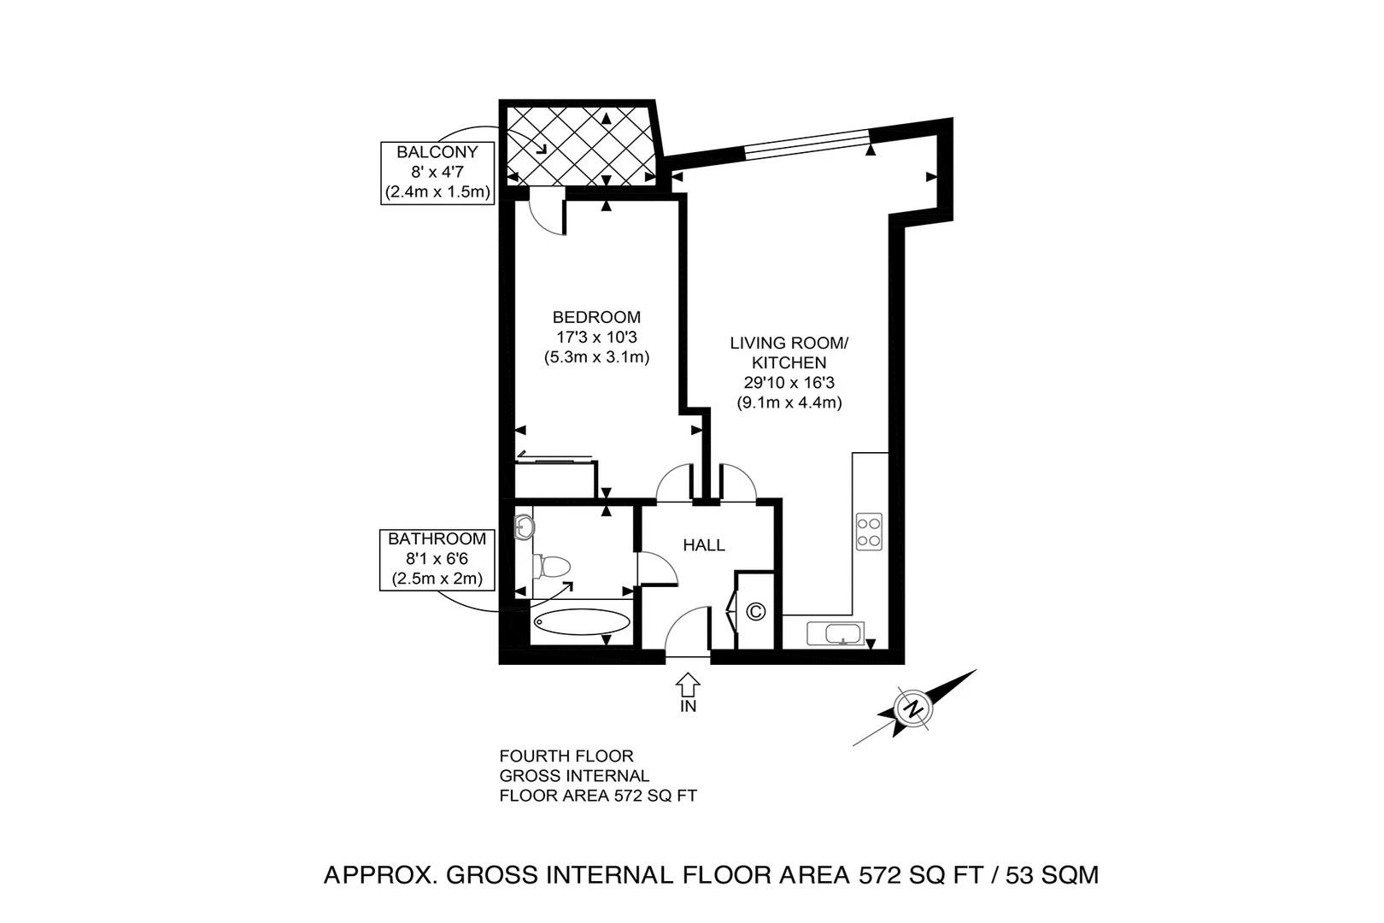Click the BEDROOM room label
point(596,317)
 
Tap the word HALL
point(704,545)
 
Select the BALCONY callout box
point(437,173)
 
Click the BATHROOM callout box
point(437,559)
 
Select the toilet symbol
point(551,566)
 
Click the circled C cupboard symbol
point(756,612)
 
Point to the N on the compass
point(914,708)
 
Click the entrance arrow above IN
point(689,685)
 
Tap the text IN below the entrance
point(689,707)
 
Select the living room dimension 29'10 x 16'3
point(789,383)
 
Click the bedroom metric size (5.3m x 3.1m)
point(596,357)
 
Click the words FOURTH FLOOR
point(566,756)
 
